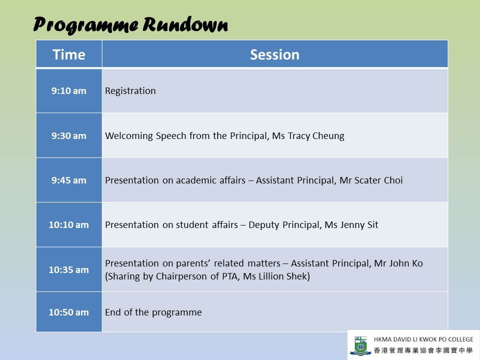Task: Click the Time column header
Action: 69,54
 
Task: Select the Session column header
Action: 275,54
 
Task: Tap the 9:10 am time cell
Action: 69,90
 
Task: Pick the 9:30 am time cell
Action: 69,135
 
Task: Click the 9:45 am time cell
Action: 69,180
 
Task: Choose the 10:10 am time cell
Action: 69,224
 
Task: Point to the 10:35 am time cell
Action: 69,269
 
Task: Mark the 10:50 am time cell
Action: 69,312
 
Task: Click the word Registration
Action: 130,91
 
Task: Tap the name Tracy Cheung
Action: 316,135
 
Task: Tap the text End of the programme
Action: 153,312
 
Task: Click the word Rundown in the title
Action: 185,24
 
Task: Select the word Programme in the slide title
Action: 85,25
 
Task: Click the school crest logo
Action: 360,345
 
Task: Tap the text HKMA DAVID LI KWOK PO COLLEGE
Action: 423,339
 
